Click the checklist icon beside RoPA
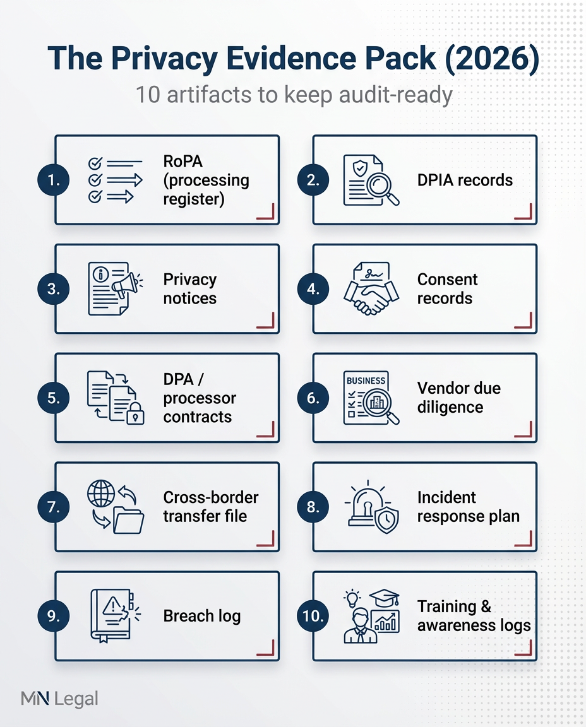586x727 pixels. point(111,180)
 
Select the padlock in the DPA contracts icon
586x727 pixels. point(135,416)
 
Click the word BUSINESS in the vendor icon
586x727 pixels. point(366,381)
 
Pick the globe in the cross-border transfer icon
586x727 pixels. point(100,493)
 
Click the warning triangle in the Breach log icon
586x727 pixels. point(113,606)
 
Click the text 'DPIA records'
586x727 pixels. point(465,180)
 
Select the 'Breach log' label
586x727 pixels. point(202,616)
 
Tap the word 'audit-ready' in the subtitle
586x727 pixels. point(398,95)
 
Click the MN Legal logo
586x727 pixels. point(59,699)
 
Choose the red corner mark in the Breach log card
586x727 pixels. point(266,647)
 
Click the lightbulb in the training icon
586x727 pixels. point(352,597)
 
